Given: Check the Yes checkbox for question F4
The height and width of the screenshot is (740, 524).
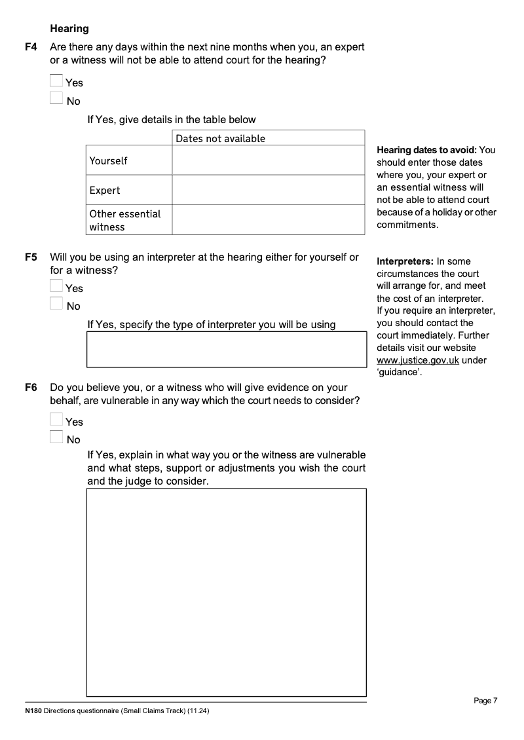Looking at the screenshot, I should (57, 81).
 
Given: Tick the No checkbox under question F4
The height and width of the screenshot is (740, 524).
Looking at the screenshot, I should (57, 100).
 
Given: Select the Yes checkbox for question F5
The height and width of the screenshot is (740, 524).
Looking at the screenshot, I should (57, 287).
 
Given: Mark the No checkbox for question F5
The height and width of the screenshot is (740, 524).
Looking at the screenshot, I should (57, 305).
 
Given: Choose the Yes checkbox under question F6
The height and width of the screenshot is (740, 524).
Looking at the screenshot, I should (57, 420).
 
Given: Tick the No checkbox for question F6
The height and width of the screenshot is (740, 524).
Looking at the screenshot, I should (57, 438).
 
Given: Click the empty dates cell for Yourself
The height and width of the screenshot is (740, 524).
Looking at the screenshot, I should (268, 160).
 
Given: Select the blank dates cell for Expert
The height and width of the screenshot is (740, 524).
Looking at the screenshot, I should (268, 190).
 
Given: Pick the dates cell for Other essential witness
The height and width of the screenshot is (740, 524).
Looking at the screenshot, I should (268, 220).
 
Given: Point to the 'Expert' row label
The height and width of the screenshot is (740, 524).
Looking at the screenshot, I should (105, 191).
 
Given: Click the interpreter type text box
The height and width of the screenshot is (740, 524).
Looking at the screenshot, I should (227, 349).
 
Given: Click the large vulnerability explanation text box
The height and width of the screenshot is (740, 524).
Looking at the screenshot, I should (227, 592).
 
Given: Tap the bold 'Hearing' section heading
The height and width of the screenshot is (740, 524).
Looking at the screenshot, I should (69, 29).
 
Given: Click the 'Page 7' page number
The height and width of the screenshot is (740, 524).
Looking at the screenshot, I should (485, 701).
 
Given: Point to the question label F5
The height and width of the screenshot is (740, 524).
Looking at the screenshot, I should (31, 257).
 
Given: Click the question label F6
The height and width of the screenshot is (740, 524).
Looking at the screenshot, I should (31, 388).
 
